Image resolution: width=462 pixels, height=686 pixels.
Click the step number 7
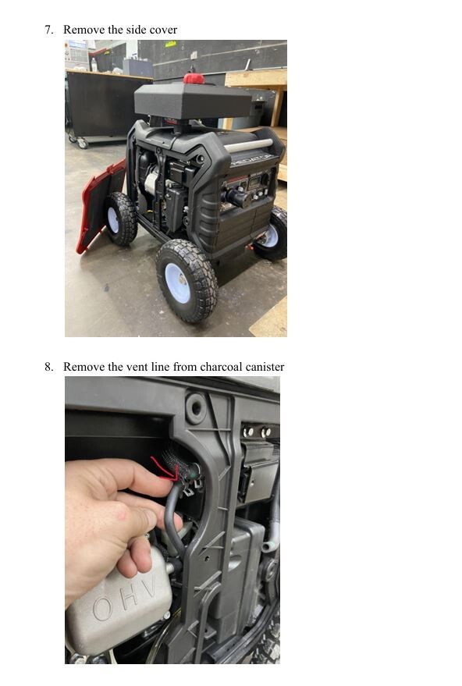click(x=48, y=30)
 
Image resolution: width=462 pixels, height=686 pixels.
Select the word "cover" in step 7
click(x=162, y=30)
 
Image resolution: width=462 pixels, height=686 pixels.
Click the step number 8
click(x=48, y=367)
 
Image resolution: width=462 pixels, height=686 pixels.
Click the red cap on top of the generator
click(x=194, y=78)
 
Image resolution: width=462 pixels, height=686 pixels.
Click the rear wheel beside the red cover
click(x=120, y=219)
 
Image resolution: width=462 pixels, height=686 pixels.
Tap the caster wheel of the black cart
click(x=82, y=143)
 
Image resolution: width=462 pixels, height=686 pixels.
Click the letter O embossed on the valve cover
click(x=104, y=608)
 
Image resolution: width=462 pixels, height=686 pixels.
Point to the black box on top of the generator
click(x=191, y=101)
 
